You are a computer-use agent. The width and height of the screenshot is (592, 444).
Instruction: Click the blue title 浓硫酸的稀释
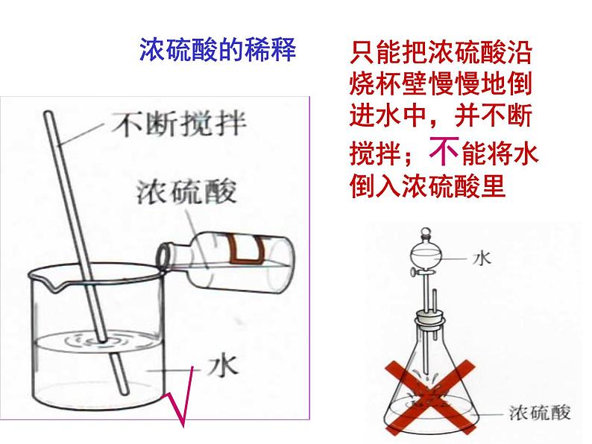click(218, 51)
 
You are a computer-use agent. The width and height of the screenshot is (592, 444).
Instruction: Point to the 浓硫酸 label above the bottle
click(186, 191)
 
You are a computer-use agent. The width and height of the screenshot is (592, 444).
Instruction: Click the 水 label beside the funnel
click(482, 258)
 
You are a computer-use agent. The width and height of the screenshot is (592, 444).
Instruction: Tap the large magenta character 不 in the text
click(443, 153)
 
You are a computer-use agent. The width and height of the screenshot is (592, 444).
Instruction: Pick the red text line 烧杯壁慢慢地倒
click(440, 85)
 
